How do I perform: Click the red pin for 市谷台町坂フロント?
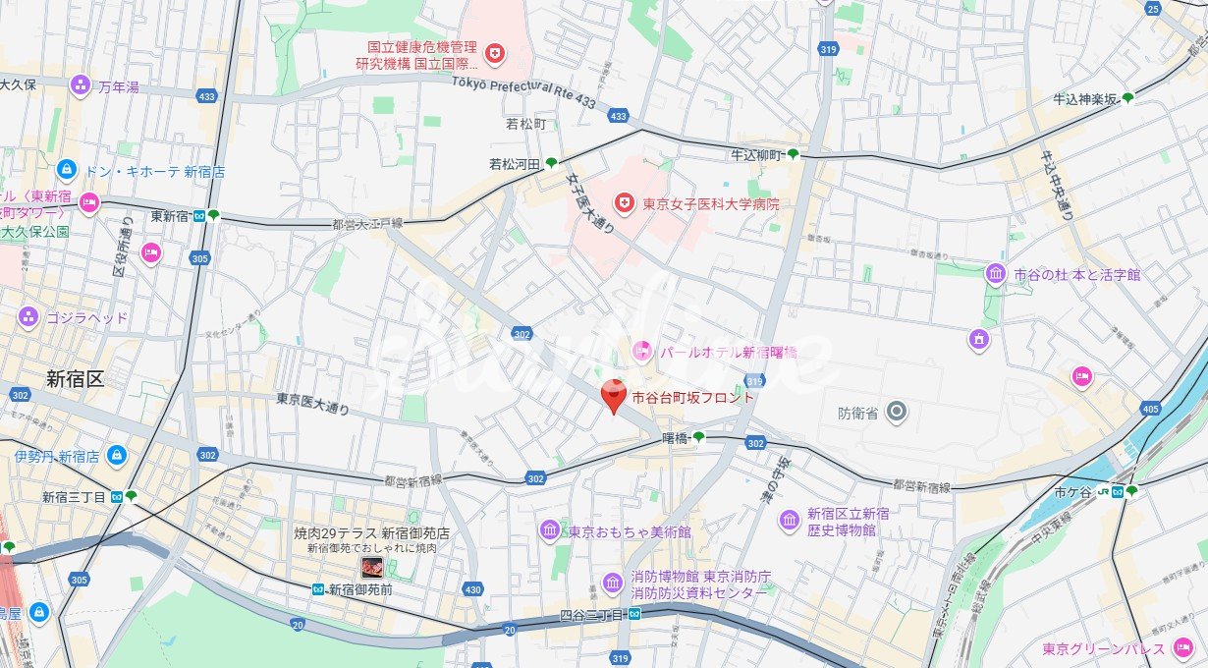coord(614,396)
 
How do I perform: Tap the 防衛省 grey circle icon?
coord(895,413)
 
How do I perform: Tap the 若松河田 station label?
coord(516,164)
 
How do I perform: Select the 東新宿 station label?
coord(170,216)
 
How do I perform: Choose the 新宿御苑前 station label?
coord(359,589)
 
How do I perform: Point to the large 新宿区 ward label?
coord(75,378)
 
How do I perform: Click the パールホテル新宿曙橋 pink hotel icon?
coord(641,351)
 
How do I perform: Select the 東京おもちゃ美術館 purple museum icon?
coord(549,530)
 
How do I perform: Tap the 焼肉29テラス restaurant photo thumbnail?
coord(372,568)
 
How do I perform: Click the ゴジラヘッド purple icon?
coord(27,317)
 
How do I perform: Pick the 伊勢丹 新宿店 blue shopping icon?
coord(117,456)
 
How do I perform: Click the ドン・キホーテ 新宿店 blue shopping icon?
coord(67,170)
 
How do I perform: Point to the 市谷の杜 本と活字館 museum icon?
coord(996,274)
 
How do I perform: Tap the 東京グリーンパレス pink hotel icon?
coord(1183,648)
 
